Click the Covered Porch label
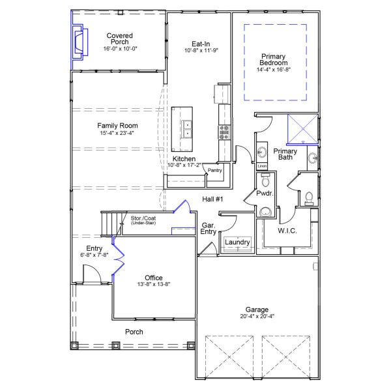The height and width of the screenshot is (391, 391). coord(120,38)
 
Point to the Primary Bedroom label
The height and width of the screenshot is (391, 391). coord(274,61)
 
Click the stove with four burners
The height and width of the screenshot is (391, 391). coord(224,132)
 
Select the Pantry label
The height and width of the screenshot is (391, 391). coord(215,171)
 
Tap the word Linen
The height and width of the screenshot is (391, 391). coord(262,166)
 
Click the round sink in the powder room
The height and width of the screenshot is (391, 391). coord(265,211)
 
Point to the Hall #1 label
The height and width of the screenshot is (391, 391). coord(213,199)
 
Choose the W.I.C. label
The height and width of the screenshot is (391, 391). coord(287,231)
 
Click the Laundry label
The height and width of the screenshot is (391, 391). coord(237,242)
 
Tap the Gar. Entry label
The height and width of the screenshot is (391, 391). coord(209,227)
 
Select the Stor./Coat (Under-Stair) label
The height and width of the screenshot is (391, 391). coord(143,220)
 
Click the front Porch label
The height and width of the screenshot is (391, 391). coord(134,332)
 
